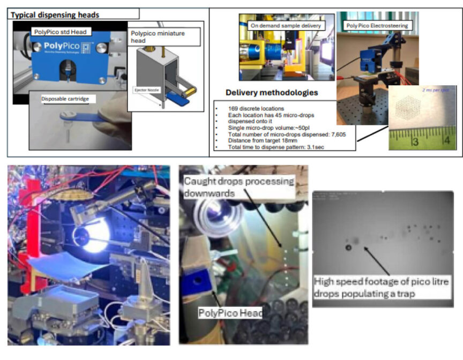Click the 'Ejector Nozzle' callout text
[x=145, y=89]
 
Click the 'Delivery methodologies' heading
[x=272, y=92]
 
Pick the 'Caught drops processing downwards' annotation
[x=238, y=186]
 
